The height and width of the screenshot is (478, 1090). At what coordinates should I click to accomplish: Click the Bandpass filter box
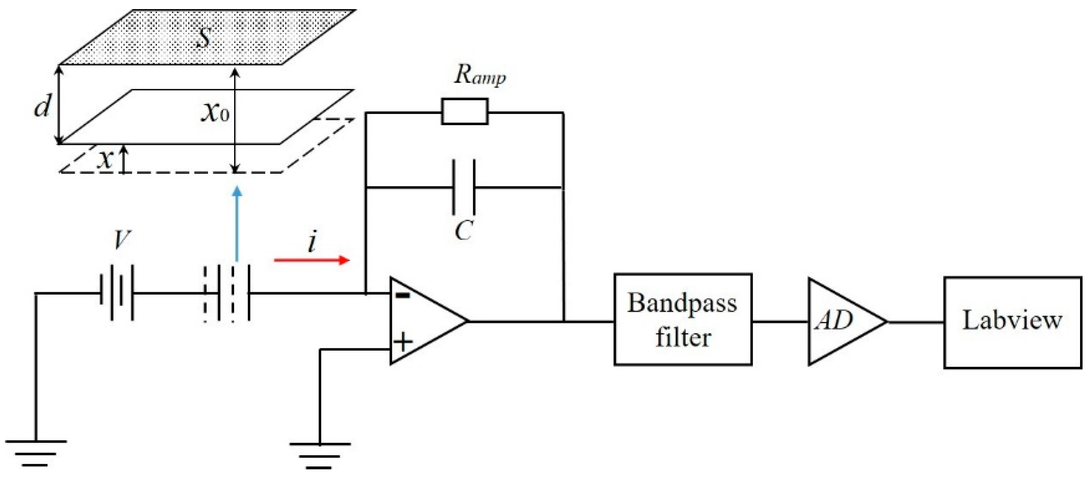pyautogui.click(x=682, y=319)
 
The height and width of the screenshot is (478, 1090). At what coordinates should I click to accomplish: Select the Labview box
pyautogui.click(x=1012, y=322)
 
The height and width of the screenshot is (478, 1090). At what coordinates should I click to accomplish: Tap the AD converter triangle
pyautogui.click(x=840, y=321)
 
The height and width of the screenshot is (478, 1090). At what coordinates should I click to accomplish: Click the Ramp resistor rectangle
pyautogui.click(x=464, y=112)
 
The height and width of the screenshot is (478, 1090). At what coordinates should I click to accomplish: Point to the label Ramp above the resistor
pyautogui.click(x=479, y=75)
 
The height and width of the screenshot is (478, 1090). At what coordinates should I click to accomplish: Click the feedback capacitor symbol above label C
pyautogui.click(x=464, y=186)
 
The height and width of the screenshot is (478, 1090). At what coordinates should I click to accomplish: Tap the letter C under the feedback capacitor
pyautogui.click(x=464, y=231)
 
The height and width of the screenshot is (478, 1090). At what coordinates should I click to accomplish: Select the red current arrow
pyautogui.click(x=312, y=260)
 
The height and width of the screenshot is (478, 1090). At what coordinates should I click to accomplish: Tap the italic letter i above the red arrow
pyautogui.click(x=312, y=242)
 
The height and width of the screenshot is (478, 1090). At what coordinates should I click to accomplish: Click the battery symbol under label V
pyautogui.click(x=117, y=292)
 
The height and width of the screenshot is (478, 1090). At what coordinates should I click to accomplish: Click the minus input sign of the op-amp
pyautogui.click(x=402, y=295)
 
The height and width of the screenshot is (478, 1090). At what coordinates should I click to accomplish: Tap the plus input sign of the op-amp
pyautogui.click(x=402, y=342)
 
